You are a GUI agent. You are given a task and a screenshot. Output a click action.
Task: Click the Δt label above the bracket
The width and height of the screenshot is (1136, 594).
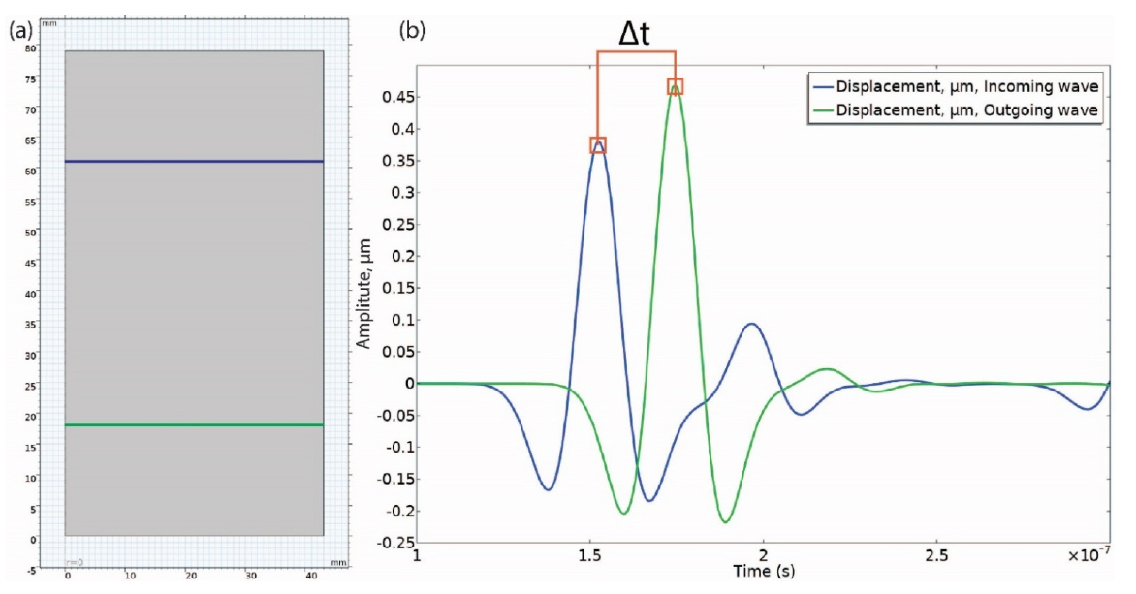click(635, 35)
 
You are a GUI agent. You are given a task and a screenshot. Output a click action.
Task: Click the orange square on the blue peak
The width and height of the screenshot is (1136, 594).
click(598, 145)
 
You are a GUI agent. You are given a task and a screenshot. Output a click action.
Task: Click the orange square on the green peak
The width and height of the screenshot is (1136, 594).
click(676, 86)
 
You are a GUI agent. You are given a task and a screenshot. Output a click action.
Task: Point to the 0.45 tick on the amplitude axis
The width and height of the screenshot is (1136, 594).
click(392, 97)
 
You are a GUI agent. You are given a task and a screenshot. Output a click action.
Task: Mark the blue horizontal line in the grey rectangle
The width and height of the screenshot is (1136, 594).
click(194, 161)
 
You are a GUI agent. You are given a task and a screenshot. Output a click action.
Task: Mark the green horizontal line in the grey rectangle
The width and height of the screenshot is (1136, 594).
click(194, 424)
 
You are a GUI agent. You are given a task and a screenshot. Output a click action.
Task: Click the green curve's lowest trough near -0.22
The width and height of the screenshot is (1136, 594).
click(724, 522)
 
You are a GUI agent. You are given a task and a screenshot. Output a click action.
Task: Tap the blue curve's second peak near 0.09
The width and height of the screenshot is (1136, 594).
click(751, 324)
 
